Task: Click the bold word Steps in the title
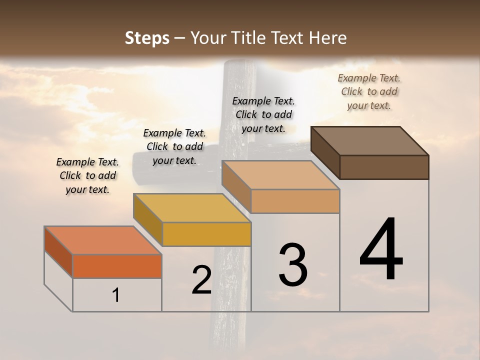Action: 147,38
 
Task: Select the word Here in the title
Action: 328,38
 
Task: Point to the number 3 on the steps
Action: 293,265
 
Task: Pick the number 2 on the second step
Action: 201,280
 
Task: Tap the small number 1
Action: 116,295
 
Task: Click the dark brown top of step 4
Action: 370,141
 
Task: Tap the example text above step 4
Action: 369,91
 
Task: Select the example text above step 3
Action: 263,114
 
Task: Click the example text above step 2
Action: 174,146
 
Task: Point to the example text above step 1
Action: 87,175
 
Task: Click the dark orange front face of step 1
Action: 117,266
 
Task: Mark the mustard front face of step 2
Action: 206,234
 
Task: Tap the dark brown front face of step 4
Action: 384,167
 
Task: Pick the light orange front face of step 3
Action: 295,201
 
